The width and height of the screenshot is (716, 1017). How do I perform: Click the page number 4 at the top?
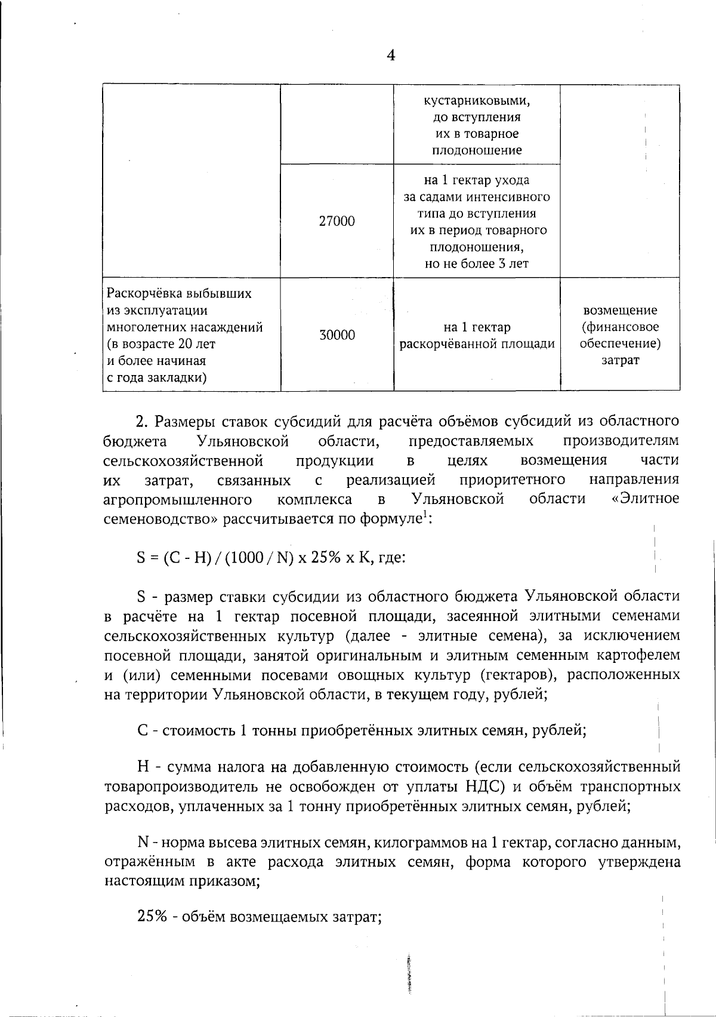[391, 56]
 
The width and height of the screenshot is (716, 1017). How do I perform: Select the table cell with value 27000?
[337, 222]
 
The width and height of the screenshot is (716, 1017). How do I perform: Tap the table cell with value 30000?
[337, 335]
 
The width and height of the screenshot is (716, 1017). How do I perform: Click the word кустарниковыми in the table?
[476, 100]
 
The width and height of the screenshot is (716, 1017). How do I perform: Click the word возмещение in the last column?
[620, 311]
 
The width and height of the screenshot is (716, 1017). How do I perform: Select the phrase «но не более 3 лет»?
[476, 264]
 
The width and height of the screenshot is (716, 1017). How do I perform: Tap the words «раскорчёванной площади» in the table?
[477, 344]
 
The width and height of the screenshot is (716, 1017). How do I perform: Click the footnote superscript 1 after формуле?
[424, 514]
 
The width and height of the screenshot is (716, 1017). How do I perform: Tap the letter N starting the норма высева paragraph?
[143, 843]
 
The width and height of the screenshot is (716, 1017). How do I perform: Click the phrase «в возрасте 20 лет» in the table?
[161, 344]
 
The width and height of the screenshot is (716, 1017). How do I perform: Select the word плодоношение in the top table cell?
[476, 150]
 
